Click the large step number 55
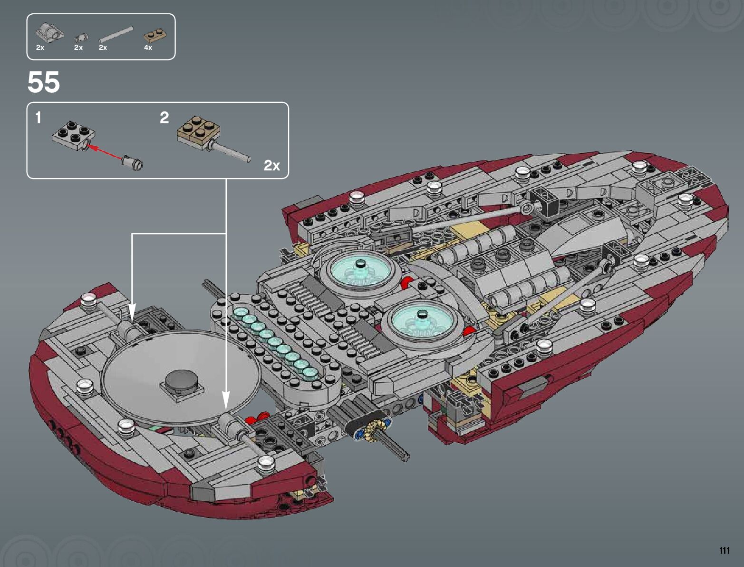(x=44, y=82)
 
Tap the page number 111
(x=724, y=550)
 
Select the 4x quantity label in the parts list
(x=148, y=48)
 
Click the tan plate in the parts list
(x=155, y=36)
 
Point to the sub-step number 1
(x=39, y=118)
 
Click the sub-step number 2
(x=164, y=118)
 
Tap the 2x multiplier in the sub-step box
(x=272, y=166)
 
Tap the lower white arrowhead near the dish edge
(x=226, y=400)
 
